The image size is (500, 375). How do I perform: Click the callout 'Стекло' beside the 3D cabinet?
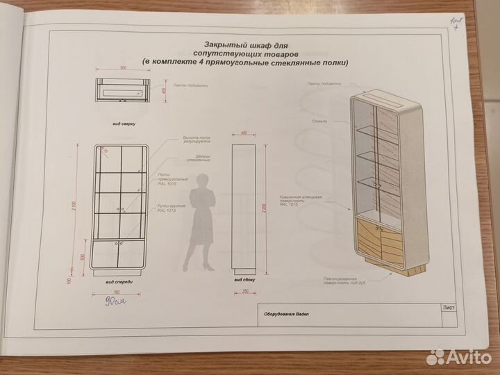[x=320, y=120]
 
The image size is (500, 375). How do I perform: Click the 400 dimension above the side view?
[x=244, y=132]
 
